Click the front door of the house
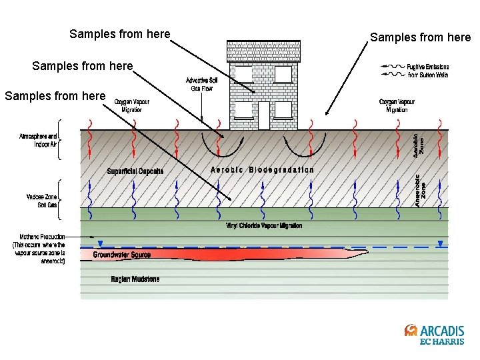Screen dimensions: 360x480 [x=263, y=115]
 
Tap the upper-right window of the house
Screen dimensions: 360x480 [x=283, y=75]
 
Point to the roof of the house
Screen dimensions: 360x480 [x=263, y=51]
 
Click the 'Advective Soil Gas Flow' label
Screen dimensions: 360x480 [x=201, y=85]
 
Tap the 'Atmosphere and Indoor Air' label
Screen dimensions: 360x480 [x=38, y=140]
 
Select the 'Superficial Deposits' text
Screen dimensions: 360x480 [x=135, y=171]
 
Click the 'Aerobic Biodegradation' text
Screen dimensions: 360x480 [x=262, y=169]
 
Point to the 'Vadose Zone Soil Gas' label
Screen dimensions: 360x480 [x=42, y=201]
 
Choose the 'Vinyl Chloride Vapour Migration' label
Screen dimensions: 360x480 [x=264, y=226]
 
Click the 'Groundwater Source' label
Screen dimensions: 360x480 [x=121, y=255]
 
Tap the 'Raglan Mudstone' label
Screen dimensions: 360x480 [x=135, y=279]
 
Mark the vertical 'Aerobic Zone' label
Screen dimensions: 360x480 [x=417, y=143]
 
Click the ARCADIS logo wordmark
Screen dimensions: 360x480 [x=441, y=331]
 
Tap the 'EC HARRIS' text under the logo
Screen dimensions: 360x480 [x=441, y=342]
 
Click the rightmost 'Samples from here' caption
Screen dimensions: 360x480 [x=420, y=37]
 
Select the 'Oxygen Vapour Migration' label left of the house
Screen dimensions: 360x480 [x=132, y=105]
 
